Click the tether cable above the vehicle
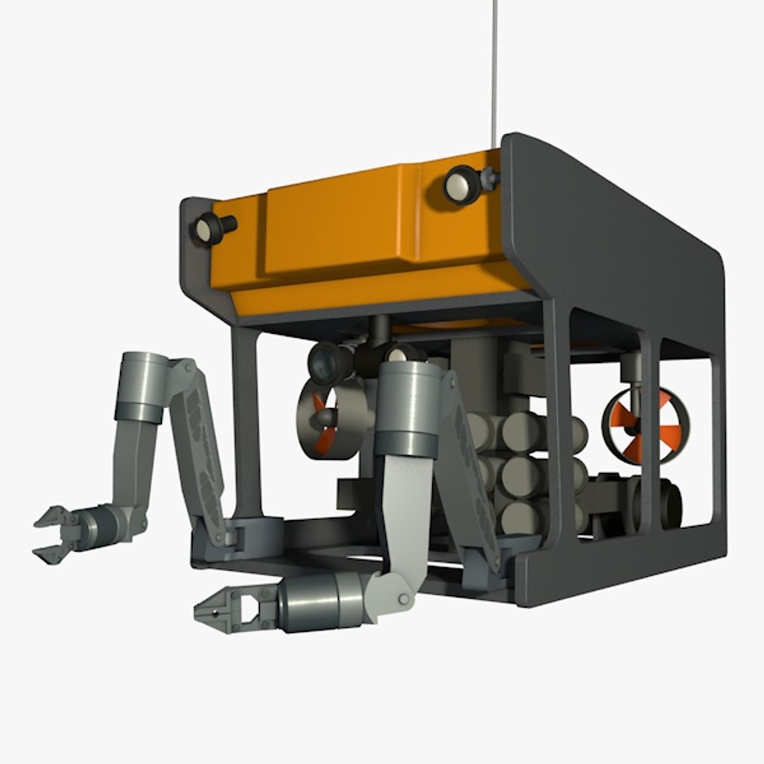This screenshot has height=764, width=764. point(494,64)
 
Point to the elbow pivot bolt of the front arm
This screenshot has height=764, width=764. point(403,598)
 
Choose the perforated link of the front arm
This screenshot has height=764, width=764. point(470,467)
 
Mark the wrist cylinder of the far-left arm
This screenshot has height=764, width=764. point(101,524)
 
